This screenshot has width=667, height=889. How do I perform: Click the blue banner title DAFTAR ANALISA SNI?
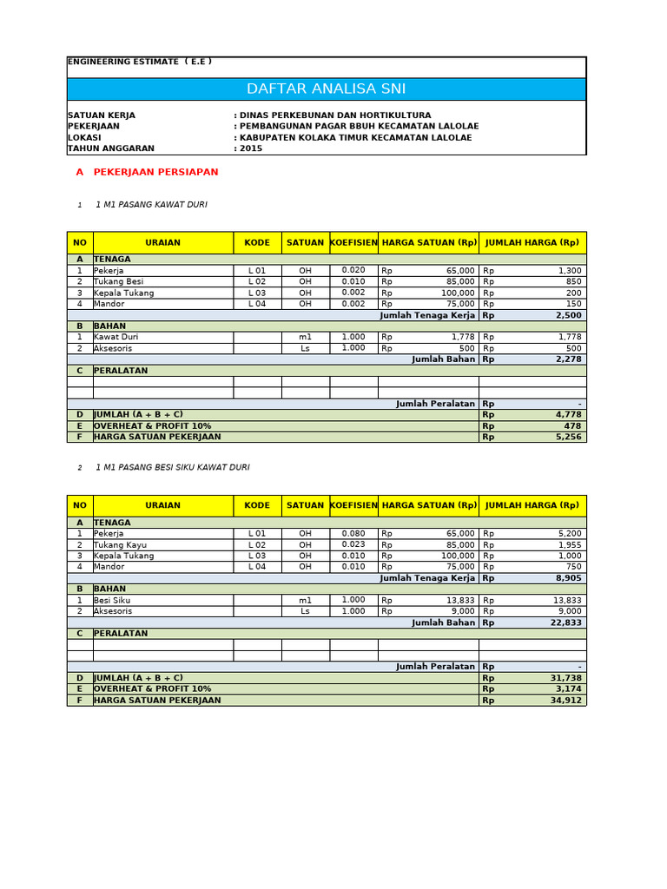(326, 89)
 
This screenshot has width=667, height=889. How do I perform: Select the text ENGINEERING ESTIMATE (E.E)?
(139, 62)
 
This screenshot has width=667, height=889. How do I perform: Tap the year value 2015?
(250, 148)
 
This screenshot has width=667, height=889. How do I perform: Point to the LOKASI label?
(84, 137)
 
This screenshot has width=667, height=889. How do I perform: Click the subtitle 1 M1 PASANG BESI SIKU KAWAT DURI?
(172, 467)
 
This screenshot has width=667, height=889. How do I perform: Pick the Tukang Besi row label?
(118, 281)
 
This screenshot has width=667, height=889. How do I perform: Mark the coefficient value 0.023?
(353, 544)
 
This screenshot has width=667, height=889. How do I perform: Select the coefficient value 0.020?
(353, 271)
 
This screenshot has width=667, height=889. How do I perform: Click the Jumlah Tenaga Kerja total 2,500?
(568, 315)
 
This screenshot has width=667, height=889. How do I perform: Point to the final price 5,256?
(568, 437)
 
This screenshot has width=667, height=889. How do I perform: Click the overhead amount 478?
(572, 426)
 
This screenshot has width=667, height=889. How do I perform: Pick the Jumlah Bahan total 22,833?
(565, 622)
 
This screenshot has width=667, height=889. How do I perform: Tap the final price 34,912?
(565, 700)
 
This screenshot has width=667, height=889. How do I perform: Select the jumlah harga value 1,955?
(568, 544)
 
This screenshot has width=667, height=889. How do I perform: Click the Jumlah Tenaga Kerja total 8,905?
(568, 578)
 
